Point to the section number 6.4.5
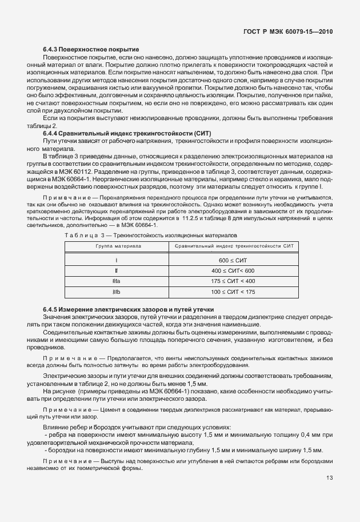click(x=50, y=309)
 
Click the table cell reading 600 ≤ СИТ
click(x=233, y=260)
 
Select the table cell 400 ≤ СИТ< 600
click(x=233, y=270)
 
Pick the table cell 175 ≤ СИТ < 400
click(x=233, y=281)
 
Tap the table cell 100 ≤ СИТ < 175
click(x=233, y=292)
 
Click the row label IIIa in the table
click(x=116, y=281)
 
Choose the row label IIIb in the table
click(x=116, y=292)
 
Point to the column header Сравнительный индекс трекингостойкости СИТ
click(x=233, y=246)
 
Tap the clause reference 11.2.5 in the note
click(x=193, y=218)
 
